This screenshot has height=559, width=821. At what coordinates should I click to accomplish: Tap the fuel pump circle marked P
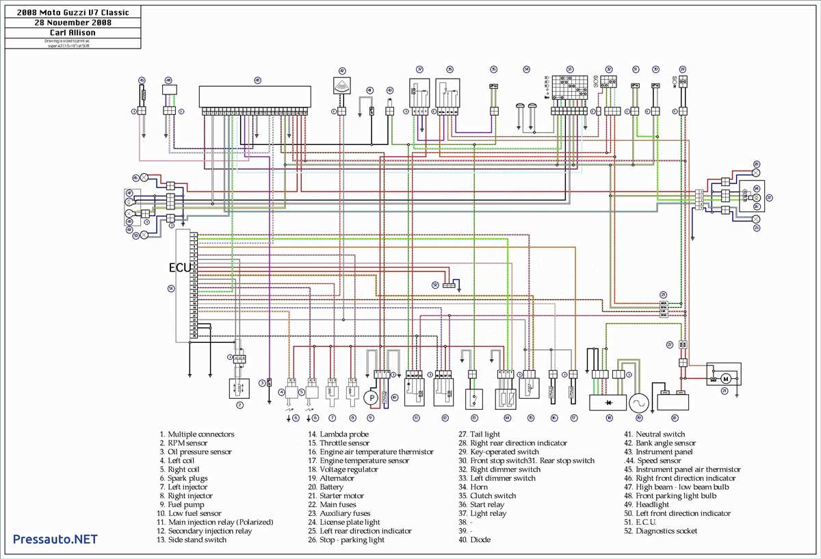(372, 398)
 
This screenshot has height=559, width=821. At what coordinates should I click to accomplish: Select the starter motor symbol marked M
(728, 377)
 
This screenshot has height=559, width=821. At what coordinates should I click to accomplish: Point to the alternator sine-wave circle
(639, 402)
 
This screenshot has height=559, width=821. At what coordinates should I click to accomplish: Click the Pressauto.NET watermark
(55, 538)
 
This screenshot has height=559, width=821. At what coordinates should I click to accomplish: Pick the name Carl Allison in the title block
(73, 32)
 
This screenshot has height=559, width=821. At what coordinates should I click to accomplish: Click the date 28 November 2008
(73, 22)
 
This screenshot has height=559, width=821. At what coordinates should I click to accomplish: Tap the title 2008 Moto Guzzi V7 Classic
(73, 12)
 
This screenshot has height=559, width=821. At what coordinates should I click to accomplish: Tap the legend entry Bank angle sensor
(666, 443)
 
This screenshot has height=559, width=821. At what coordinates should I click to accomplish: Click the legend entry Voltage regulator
(348, 470)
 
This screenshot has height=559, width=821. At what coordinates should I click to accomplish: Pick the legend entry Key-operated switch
(504, 452)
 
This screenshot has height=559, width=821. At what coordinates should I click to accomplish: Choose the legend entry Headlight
(655, 505)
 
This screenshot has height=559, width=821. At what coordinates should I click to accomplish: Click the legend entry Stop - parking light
(352, 541)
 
